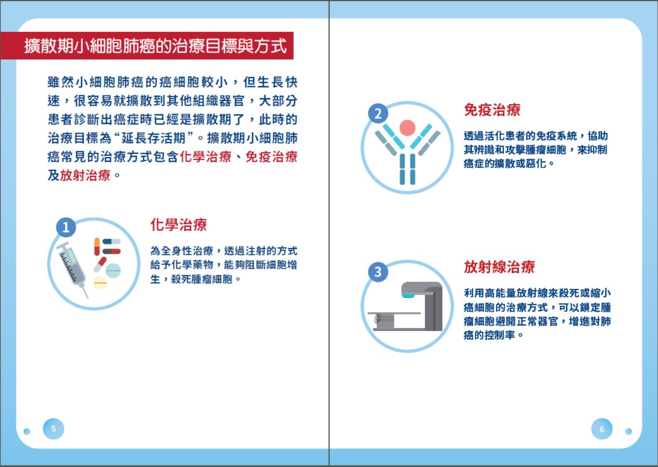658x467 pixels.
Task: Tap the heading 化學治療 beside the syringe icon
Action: click(178, 225)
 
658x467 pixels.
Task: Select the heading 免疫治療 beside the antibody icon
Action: click(492, 110)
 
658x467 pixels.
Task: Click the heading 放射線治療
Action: click(499, 267)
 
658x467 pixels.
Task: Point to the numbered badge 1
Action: click(66, 227)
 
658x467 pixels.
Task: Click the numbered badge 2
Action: click(378, 113)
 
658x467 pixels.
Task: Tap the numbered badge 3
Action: click(378, 272)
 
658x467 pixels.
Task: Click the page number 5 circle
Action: click(54, 428)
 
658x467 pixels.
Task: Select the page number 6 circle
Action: click(602, 429)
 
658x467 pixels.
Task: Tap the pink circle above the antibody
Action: click(407, 128)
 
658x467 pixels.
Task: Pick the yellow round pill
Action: click(100, 283)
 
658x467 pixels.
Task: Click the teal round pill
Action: click(113, 271)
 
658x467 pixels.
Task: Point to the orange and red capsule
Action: click(97, 246)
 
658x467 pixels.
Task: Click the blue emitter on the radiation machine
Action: click(408, 296)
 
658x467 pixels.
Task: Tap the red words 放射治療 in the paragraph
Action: click(85, 175)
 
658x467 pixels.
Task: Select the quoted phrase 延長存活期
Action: click(153, 138)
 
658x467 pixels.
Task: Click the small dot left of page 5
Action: click(27, 431)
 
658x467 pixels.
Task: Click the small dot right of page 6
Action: click(629, 431)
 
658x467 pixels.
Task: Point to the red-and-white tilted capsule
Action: click(100, 265)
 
